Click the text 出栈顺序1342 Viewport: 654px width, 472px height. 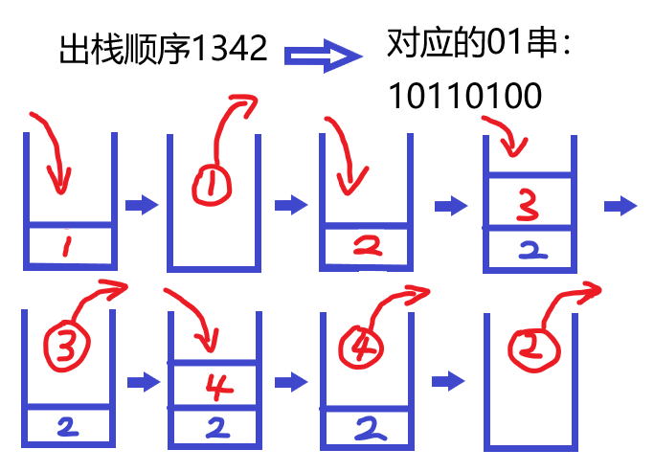tap(162, 49)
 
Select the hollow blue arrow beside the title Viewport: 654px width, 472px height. tap(324, 56)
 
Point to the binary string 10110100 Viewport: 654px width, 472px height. tap(465, 95)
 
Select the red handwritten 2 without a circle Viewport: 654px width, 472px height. tap(365, 247)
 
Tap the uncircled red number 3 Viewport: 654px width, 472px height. tap(527, 202)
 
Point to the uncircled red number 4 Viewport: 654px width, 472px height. tap(215, 386)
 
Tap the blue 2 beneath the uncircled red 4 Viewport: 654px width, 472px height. tap(216, 428)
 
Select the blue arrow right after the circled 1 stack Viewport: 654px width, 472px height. tap(290, 205)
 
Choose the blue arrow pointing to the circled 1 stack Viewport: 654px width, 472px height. tap(141, 205)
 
